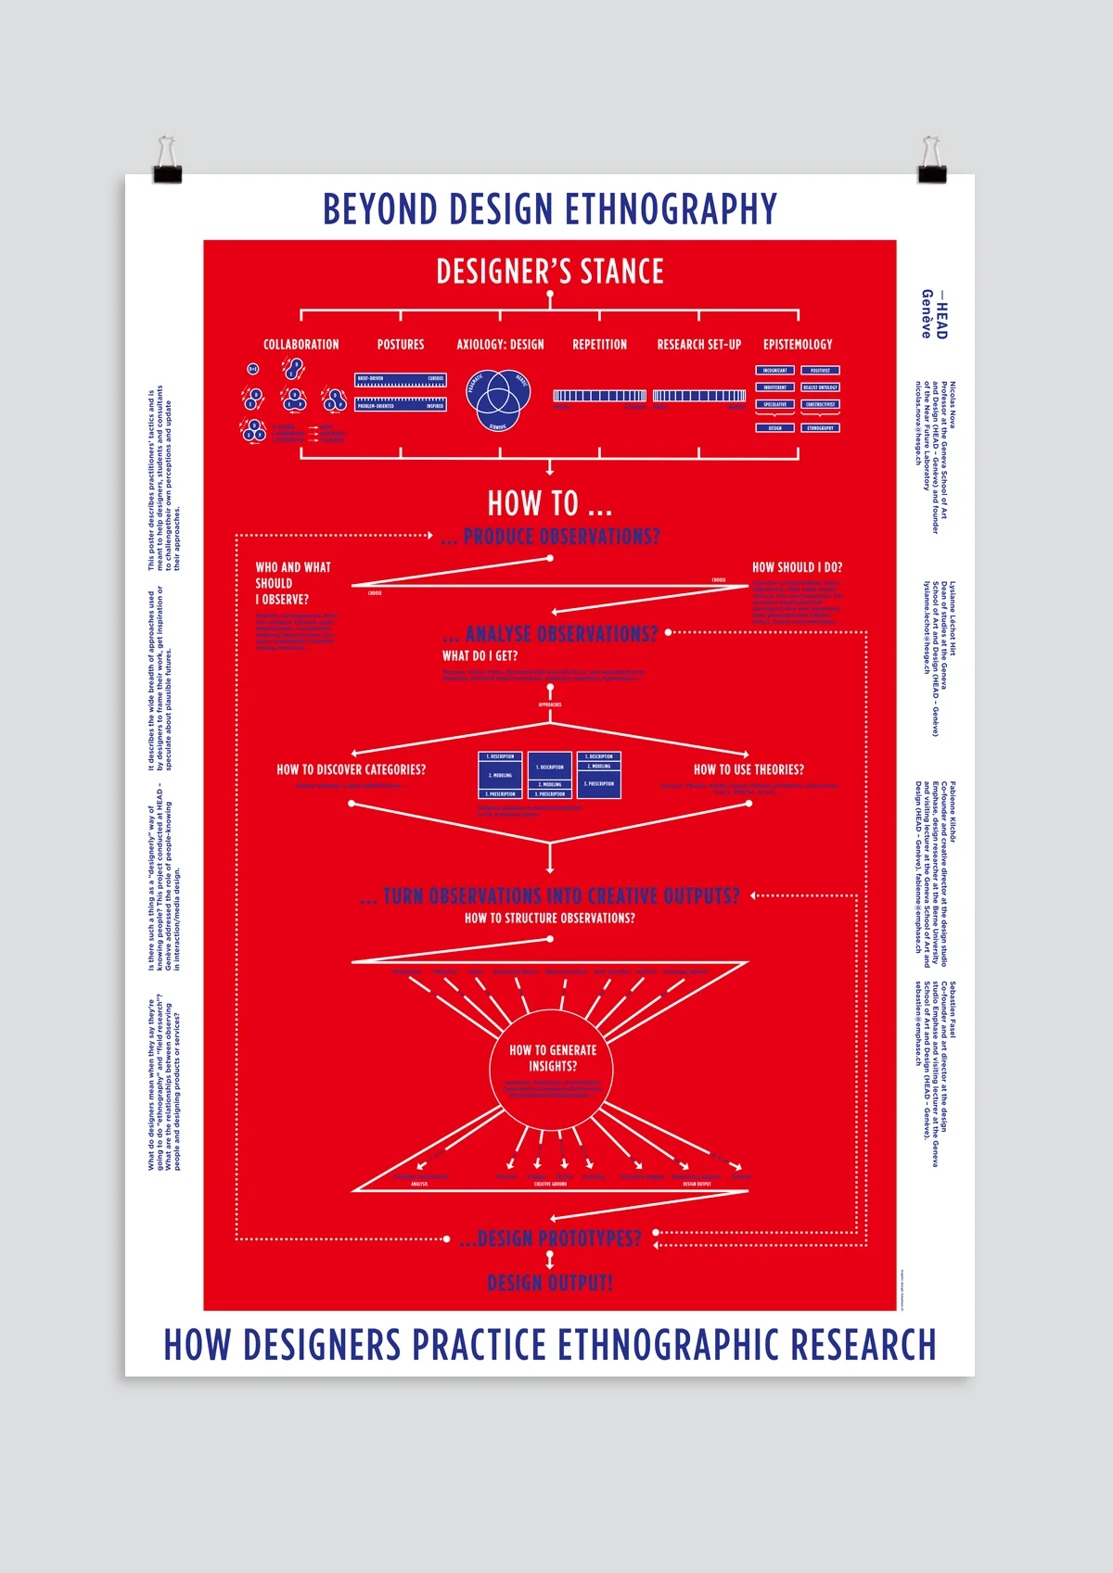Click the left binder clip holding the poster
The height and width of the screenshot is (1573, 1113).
click(x=167, y=161)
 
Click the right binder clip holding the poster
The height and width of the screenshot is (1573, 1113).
click(x=930, y=161)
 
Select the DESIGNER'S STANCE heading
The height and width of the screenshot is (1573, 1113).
click(x=550, y=272)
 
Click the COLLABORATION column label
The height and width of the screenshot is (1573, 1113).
click(x=301, y=345)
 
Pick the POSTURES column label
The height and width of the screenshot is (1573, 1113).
click(x=401, y=345)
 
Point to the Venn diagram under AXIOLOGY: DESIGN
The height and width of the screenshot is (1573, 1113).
click(x=498, y=400)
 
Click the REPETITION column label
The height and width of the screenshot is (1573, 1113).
click(x=599, y=345)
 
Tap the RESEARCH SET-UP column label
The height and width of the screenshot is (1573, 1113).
click(x=699, y=345)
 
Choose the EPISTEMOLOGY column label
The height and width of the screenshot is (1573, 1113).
click(x=798, y=345)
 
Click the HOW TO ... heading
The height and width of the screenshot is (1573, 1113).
click(x=550, y=503)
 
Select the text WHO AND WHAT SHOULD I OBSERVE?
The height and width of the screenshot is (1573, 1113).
click(x=293, y=583)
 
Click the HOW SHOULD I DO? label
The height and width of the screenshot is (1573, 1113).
click(x=797, y=567)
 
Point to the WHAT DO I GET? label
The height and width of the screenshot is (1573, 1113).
click(x=480, y=656)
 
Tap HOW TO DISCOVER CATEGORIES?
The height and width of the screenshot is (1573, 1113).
click(x=352, y=769)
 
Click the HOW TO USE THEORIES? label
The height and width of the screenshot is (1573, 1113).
click(x=748, y=769)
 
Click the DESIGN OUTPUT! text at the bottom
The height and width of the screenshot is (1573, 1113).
click(x=550, y=1283)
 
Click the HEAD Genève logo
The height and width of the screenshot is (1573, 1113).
click(x=934, y=314)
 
